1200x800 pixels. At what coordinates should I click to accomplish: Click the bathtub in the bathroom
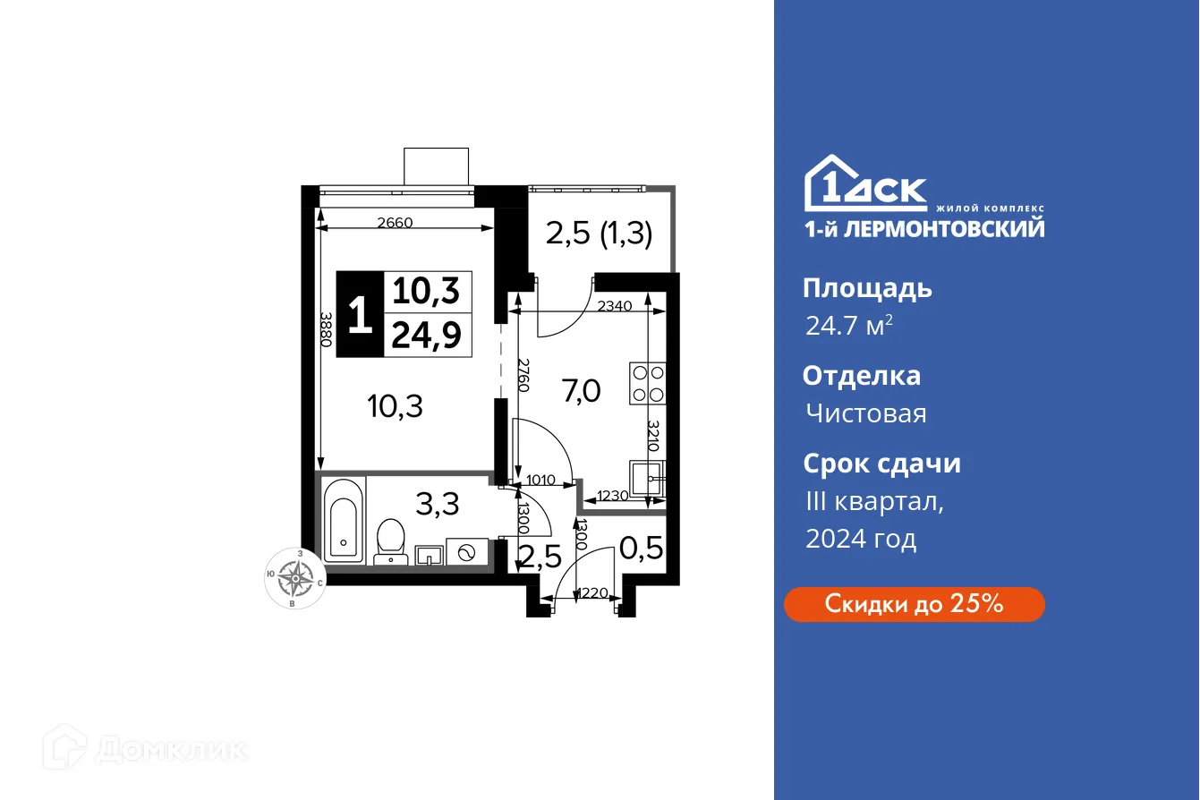(x=344, y=520)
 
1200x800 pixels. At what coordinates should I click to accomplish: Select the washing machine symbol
(x=466, y=553)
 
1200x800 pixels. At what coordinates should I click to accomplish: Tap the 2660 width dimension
(x=395, y=223)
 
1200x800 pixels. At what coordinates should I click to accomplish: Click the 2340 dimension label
(x=614, y=306)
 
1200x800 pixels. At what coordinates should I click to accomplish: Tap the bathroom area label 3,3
(x=439, y=505)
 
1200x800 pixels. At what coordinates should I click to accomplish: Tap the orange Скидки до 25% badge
(x=914, y=604)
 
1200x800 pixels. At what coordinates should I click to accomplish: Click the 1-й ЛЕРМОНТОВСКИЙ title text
(x=924, y=229)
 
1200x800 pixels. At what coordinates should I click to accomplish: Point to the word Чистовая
(x=865, y=413)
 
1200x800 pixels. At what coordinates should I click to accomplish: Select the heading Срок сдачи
(x=881, y=464)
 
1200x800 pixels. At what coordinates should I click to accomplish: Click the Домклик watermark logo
(x=145, y=748)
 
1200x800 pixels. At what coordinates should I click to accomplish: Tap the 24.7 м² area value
(x=848, y=326)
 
